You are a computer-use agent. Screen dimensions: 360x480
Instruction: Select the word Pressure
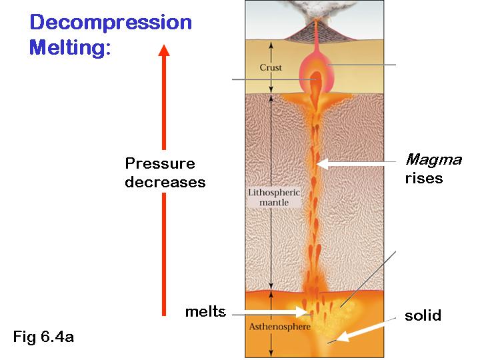pos(160,164)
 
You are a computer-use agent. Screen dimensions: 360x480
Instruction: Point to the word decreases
pos(165,182)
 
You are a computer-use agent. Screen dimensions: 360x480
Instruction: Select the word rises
pos(424,179)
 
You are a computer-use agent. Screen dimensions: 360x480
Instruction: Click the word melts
pos(206,311)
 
